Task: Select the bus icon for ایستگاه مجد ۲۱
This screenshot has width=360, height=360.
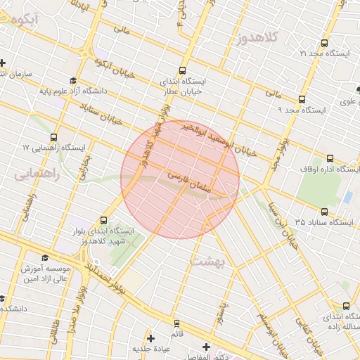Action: pos(324,42)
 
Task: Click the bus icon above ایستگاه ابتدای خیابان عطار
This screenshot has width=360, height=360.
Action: pos(183,70)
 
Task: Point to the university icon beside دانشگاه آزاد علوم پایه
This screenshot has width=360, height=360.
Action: pos(74,80)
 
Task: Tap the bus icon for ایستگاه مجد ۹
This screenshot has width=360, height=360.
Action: pos(302,99)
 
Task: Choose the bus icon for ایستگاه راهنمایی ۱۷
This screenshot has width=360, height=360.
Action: pos(54,137)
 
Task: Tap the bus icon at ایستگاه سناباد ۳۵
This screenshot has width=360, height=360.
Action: pos(324,211)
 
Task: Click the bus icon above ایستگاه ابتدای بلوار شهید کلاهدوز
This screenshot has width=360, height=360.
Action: pos(105,219)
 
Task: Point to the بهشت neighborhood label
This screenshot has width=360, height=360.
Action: pos(205,261)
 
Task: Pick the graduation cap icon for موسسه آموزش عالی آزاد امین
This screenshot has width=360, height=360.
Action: pos(46,258)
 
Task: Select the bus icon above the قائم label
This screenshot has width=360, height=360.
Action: pos(176,323)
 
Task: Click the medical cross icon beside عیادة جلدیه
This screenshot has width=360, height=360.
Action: pos(150,339)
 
